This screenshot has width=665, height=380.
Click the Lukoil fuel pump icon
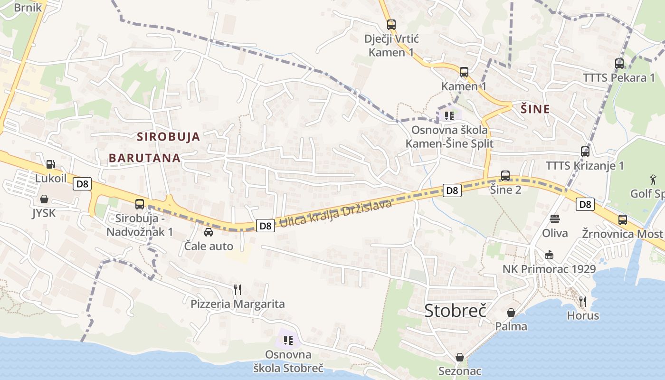coord(50,165)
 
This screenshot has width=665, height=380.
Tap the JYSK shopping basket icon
coord(44,199)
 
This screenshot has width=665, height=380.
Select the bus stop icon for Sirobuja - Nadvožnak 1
coord(139,204)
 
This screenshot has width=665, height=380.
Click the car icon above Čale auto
coord(208,232)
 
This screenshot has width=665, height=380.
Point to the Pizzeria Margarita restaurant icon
coord(237,289)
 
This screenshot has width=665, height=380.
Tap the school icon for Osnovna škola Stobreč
coord(288,340)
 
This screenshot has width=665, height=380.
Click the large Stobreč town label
coord(455,310)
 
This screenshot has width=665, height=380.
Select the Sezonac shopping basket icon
coord(459,357)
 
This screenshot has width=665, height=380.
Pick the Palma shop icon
coord(511,313)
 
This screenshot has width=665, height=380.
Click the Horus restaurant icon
coord(583,301)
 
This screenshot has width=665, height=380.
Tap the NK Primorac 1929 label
coord(549,269)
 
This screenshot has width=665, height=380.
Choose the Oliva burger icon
coord(555,219)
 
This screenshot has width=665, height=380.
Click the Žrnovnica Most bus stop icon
coord(622,220)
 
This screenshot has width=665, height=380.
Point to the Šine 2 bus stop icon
coord(505,176)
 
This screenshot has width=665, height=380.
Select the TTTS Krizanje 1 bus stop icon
coord(585,152)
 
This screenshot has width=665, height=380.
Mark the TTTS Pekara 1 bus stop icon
coord(619,64)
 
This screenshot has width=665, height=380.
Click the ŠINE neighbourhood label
coord(535,109)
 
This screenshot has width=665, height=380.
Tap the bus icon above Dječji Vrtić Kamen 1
coord(391,25)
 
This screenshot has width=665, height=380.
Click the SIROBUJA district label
coord(168,137)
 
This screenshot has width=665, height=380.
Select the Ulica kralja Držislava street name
coord(335,215)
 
